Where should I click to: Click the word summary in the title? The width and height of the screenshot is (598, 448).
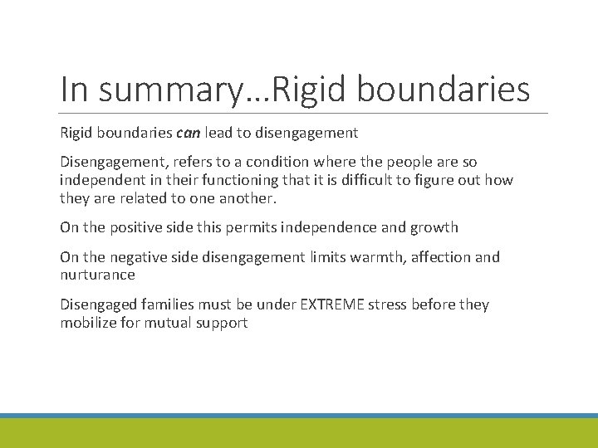tap(168, 90)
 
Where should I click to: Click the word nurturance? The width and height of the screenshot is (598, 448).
tap(97, 275)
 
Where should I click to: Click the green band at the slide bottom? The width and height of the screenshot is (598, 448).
tap(299, 433)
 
